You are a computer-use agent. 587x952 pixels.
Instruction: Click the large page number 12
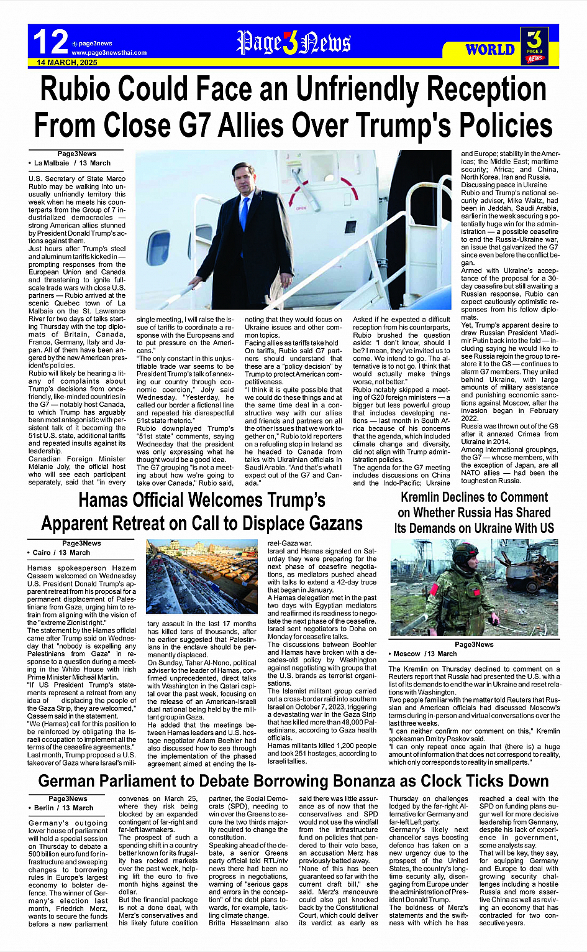click(x=50, y=42)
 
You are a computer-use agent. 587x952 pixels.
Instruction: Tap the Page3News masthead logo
click(x=293, y=43)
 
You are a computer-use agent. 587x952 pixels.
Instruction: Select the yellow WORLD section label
click(x=489, y=49)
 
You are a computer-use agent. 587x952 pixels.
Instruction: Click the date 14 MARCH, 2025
click(x=67, y=63)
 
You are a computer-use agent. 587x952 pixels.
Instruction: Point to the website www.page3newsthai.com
click(x=109, y=53)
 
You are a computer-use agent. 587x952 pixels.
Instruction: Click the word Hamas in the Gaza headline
click(x=110, y=501)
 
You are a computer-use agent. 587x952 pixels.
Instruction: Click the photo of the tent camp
click(x=201, y=576)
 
